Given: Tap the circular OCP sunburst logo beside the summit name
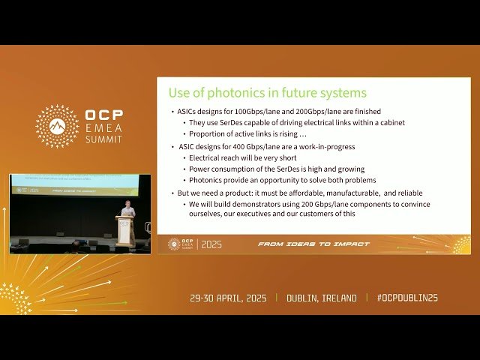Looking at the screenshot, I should coord(57,126).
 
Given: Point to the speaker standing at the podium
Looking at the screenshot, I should coord(127,209).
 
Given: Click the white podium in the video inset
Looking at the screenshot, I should coord(124,229).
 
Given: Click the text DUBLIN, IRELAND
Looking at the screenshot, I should coord(322,298).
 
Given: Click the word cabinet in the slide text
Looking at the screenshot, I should coord(391,123).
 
